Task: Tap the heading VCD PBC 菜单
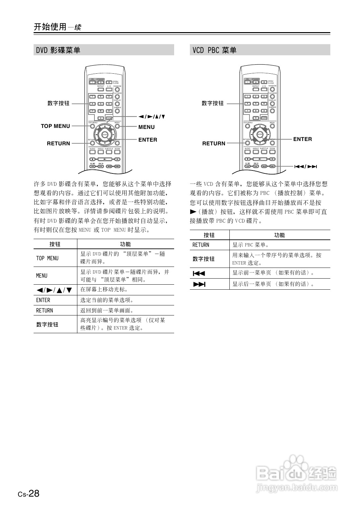tap(214, 50)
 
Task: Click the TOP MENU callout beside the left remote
tap(55, 126)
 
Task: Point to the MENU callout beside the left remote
tap(146, 127)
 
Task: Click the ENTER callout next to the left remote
tap(148, 140)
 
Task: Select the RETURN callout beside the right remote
tap(214, 143)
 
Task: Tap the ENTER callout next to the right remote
tap(302, 139)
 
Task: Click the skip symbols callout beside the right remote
tap(305, 166)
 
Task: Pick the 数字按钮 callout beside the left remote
tap(58, 103)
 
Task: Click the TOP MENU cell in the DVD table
tap(47, 258)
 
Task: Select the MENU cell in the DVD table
tap(42, 276)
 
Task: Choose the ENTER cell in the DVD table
tap(43, 300)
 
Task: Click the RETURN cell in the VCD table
tap(201, 245)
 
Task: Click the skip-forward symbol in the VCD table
tap(199, 284)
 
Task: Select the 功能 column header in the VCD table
tap(279, 235)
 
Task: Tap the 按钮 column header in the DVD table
tap(55, 244)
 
